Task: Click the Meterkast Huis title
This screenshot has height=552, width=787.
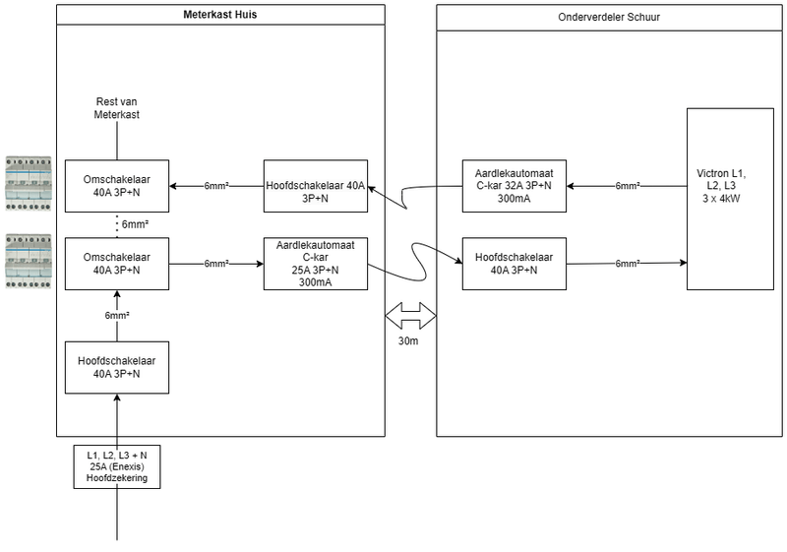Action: pyautogui.click(x=219, y=15)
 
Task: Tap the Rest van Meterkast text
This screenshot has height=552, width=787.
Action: pyautogui.click(x=117, y=108)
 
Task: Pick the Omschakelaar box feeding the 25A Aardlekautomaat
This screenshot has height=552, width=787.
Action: pyautogui.click(x=117, y=264)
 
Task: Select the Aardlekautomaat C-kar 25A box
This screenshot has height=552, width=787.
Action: pyautogui.click(x=316, y=264)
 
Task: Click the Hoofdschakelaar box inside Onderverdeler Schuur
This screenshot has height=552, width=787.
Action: pyautogui.click(x=514, y=264)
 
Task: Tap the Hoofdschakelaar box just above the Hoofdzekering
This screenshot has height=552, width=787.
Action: pyautogui.click(x=117, y=367)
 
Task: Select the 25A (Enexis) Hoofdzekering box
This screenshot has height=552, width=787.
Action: pyautogui.click(x=117, y=466)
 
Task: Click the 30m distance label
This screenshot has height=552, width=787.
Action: pyautogui.click(x=409, y=342)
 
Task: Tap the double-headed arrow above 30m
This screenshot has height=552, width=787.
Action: pyautogui.click(x=409, y=317)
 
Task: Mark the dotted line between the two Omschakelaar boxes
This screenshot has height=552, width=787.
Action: pyautogui.click(x=117, y=224)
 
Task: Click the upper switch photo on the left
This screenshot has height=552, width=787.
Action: pyautogui.click(x=28, y=184)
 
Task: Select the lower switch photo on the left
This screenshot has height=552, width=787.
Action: pyautogui.click(x=28, y=263)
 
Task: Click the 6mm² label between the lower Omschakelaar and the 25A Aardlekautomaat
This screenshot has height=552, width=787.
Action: pyautogui.click(x=217, y=264)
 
